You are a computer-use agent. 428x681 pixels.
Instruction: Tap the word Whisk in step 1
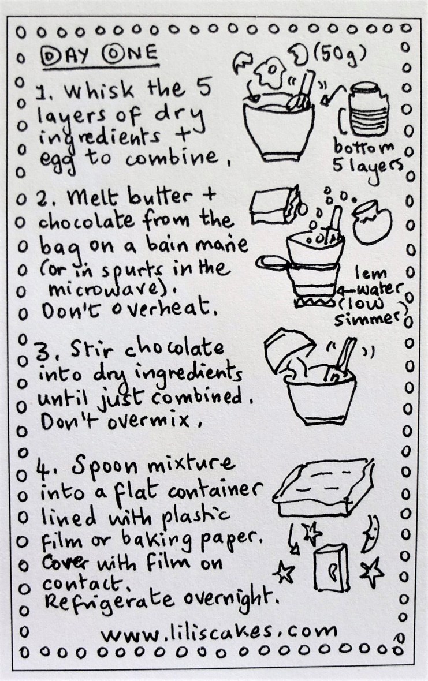click(x=98, y=91)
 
